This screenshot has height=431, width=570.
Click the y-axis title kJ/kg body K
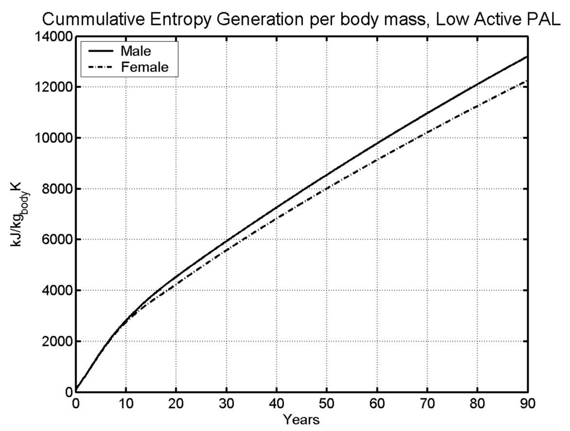23,214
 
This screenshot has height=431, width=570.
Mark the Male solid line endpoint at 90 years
527,57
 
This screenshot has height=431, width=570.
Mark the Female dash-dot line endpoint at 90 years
527,81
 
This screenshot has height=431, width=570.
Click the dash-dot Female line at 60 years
377,161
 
